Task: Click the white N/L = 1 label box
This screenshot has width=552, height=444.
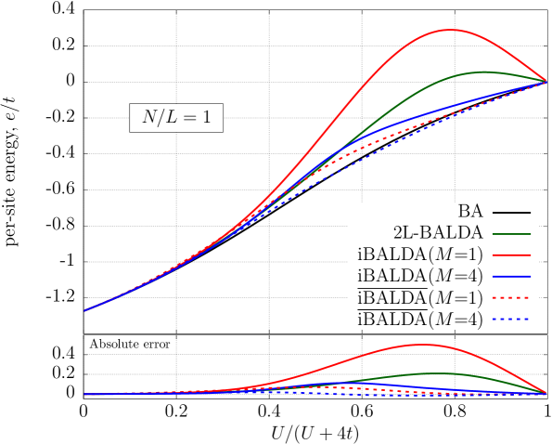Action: (176, 118)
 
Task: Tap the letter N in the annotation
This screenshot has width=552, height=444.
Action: (149, 118)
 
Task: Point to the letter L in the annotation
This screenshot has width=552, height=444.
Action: (172, 118)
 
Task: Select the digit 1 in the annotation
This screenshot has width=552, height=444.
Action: (206, 118)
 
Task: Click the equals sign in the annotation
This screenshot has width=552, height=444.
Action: (189, 118)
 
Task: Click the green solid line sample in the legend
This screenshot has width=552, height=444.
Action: (511, 234)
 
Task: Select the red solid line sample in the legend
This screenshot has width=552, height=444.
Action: (511, 255)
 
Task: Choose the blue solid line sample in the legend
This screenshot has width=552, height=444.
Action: (511, 277)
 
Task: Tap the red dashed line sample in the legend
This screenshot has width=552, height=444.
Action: (511, 298)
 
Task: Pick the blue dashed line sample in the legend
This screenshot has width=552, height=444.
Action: (511, 320)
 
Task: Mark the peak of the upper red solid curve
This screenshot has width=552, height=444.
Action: (450, 30)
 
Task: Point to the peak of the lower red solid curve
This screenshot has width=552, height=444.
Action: (422, 345)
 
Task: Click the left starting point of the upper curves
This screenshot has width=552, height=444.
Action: (84, 310)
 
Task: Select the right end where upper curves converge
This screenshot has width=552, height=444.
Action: (546, 82)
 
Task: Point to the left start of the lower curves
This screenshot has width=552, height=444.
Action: (84, 394)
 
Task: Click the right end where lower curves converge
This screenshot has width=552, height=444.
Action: (546, 394)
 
